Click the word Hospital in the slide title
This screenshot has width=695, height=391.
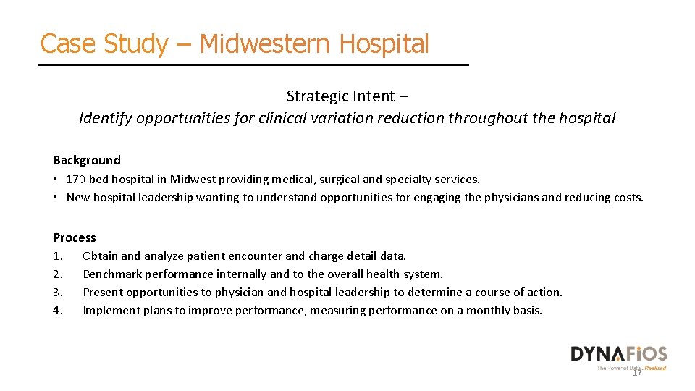pyautogui.click(x=384, y=43)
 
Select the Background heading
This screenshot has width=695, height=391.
pyautogui.click(x=87, y=160)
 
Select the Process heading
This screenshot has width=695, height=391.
pyautogui.click(x=74, y=237)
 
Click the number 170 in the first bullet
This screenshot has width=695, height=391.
pyautogui.click(x=76, y=179)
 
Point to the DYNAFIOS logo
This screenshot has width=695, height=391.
pyautogui.click(x=618, y=354)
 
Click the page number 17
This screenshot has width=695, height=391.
pyautogui.click(x=637, y=372)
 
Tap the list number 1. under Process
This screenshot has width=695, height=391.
pyautogui.click(x=59, y=256)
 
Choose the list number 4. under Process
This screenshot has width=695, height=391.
pyautogui.click(x=59, y=311)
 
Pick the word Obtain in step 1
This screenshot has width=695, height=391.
pyautogui.click(x=101, y=256)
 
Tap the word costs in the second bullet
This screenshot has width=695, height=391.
pyautogui.click(x=627, y=198)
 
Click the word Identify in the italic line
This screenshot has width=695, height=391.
pyautogui.click(x=105, y=118)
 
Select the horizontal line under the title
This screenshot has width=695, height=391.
pyautogui.click(x=253, y=65)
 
